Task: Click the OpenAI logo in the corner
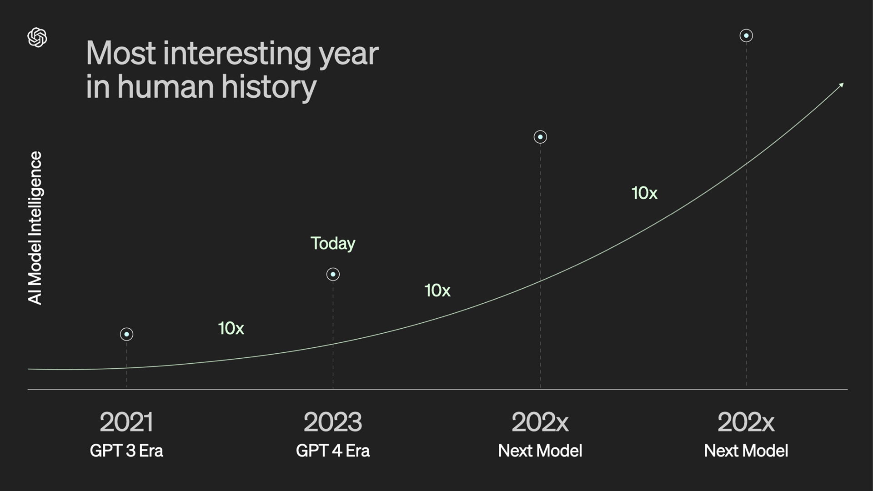[x=37, y=37]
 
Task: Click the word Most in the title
[x=121, y=53]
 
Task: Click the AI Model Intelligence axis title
[x=35, y=228]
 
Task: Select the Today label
[x=333, y=244]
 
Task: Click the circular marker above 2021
[x=126, y=334]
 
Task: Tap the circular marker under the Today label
[x=333, y=274]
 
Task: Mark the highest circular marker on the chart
[x=746, y=35]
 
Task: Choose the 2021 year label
[x=126, y=422]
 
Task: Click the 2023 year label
[x=333, y=422]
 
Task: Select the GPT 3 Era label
[x=126, y=451]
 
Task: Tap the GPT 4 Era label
[x=333, y=451]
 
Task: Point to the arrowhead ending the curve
[x=842, y=85]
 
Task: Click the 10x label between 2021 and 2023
[x=231, y=328]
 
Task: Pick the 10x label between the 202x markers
[x=644, y=193]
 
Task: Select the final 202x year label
[x=746, y=422]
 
